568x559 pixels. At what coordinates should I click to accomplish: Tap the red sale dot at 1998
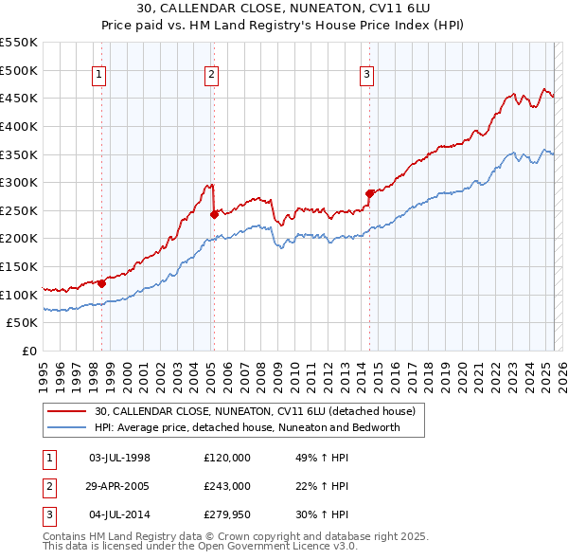tap(101, 283)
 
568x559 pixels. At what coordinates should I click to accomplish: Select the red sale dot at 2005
tap(214, 214)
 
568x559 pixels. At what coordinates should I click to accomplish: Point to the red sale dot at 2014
tap(368, 193)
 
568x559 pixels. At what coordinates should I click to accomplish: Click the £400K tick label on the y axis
tap(18, 126)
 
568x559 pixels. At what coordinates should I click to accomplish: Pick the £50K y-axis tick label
tap(22, 323)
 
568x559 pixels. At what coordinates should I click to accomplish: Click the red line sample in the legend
tap(66, 411)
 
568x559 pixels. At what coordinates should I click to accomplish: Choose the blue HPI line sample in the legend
tap(66, 427)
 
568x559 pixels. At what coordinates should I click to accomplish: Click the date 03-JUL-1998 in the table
tap(119, 457)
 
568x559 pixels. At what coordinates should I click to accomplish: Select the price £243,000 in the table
tap(227, 486)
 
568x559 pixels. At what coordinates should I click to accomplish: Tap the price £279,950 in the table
tap(227, 515)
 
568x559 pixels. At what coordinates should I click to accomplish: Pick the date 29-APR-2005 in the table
tap(119, 486)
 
